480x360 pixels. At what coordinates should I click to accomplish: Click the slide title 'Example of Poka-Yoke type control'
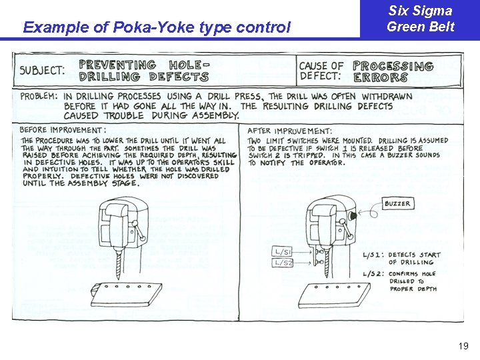(x=157, y=27)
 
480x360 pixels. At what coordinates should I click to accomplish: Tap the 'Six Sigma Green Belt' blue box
(x=420, y=19)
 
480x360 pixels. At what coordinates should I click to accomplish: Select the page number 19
(x=464, y=346)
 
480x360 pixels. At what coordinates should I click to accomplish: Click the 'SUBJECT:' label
(x=42, y=70)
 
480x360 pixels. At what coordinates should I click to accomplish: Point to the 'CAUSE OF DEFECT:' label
(x=321, y=71)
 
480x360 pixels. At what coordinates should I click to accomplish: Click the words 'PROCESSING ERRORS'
(x=393, y=71)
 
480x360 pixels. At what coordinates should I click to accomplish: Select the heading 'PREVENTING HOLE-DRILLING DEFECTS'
(x=143, y=71)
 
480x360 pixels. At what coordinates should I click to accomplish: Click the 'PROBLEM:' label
(x=39, y=96)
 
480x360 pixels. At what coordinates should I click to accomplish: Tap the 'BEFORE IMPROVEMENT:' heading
(x=63, y=129)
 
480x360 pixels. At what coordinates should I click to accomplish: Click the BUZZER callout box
(x=398, y=203)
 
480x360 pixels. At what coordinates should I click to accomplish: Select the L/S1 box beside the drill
(x=283, y=251)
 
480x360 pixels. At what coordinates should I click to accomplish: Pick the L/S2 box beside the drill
(x=283, y=263)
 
